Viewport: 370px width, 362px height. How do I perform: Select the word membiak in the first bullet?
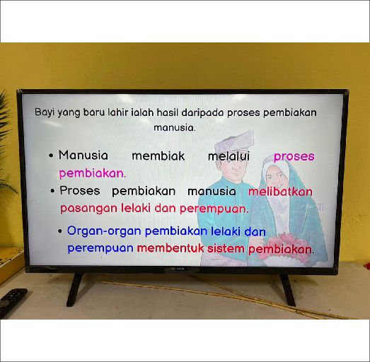(158, 156)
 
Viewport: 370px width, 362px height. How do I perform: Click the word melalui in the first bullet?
(229, 156)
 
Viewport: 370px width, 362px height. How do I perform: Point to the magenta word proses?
(294, 156)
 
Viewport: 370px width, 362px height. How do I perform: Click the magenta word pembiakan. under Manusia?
(92, 173)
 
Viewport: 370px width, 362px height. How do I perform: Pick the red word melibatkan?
(280, 192)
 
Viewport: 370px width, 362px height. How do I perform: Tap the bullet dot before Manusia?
(52, 156)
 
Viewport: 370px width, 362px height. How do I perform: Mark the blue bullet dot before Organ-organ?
(60, 232)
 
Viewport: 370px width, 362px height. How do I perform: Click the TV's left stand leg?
(74, 289)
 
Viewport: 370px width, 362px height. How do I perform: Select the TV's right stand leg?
(287, 290)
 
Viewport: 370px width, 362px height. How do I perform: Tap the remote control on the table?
(11, 300)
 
